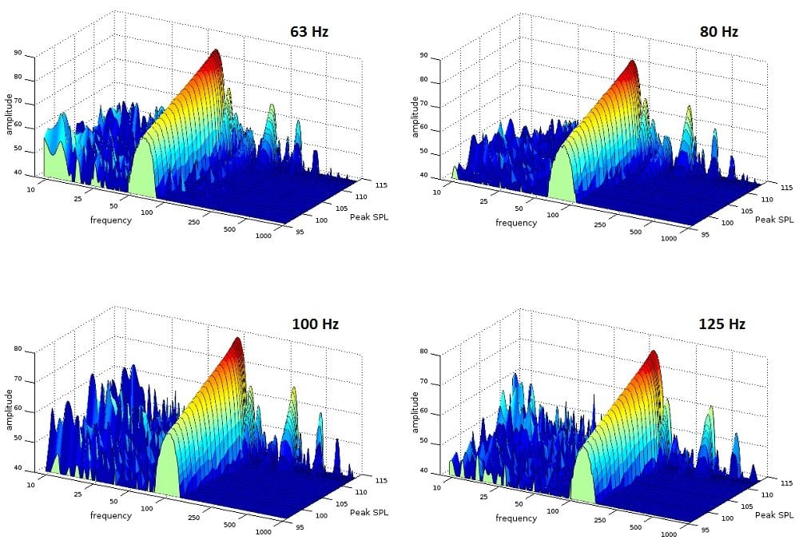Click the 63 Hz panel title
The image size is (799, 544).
point(308,33)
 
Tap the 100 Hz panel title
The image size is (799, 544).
point(314,324)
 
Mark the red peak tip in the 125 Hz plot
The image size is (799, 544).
point(654,352)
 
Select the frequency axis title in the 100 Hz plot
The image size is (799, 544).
point(110,515)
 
